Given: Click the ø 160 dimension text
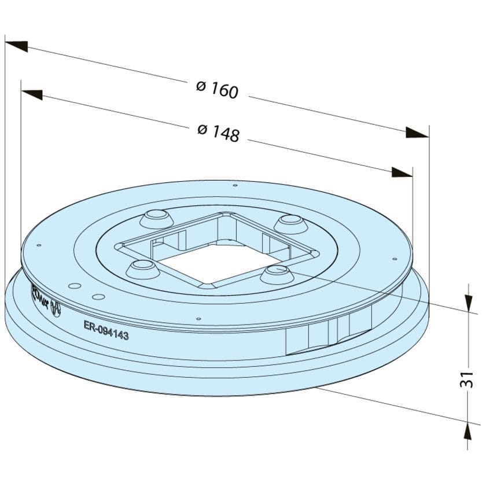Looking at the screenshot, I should point(217,89).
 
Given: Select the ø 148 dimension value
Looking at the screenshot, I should point(218,132).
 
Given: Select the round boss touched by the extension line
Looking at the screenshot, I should point(277,273).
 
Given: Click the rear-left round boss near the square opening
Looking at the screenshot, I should point(156,218).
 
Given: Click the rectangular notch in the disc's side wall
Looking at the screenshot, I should point(327,336).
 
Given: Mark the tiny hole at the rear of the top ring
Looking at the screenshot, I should point(234,186).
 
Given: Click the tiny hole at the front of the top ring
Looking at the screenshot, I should point(198,319).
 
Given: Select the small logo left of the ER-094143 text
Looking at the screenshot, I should point(56,307).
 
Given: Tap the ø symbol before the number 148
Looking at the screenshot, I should point(202,130).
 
